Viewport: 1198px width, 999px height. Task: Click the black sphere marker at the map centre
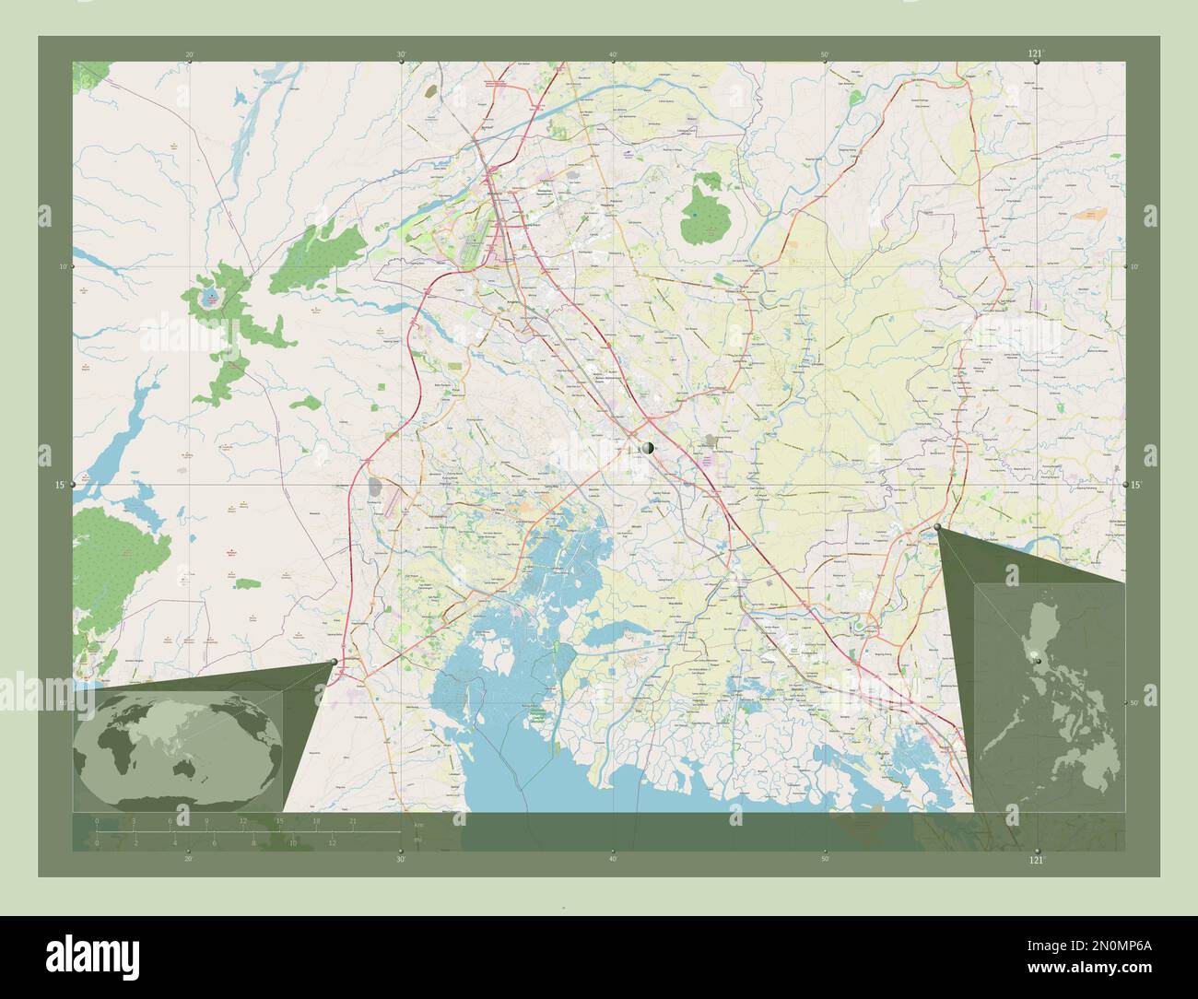649,448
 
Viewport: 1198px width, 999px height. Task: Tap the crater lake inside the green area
211,297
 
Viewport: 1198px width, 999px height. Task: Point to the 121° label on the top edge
1036,54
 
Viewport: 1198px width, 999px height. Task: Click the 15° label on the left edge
61,485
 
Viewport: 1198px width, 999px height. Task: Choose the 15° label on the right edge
1136,485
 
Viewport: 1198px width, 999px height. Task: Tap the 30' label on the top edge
401,54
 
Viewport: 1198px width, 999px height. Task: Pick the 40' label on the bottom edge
613,858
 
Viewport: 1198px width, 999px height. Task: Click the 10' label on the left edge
63,266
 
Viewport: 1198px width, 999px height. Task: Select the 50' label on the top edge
825,54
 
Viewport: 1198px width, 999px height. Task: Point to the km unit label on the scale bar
418,824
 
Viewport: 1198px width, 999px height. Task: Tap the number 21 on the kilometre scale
353,819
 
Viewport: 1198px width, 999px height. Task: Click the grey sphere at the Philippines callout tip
938,527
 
